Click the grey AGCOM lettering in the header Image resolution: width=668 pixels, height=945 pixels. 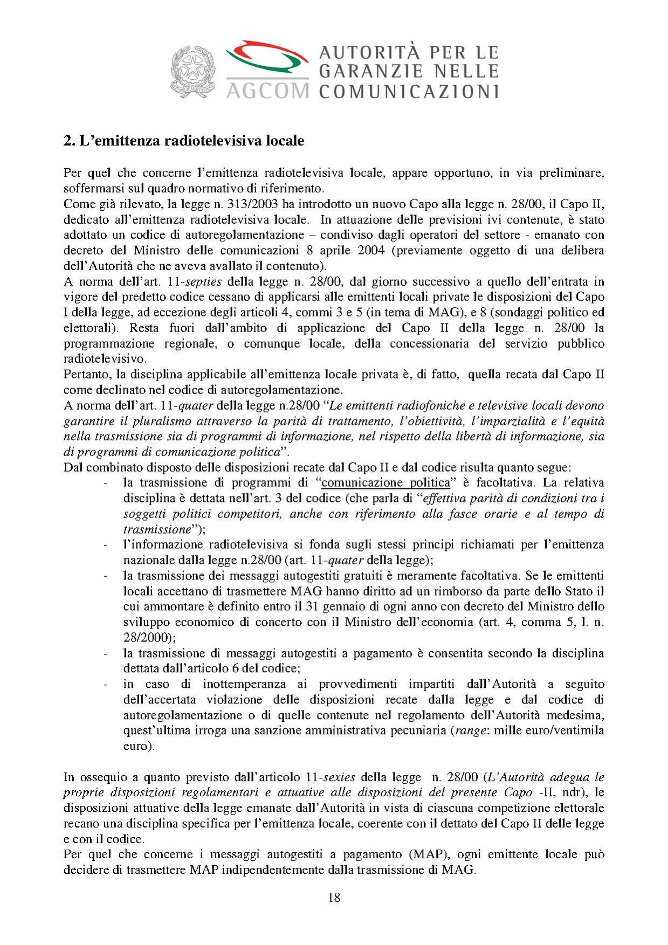(x=267, y=90)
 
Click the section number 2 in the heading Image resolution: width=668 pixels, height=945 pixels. (x=67, y=141)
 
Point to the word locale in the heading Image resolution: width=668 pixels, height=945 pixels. (x=285, y=141)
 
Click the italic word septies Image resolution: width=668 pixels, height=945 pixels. (x=203, y=282)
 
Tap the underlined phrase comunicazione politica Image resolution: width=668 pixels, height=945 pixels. (x=385, y=482)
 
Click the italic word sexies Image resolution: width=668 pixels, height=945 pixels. (x=338, y=777)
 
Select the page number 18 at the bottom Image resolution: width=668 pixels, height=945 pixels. (x=334, y=898)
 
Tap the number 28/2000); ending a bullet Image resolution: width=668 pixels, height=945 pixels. (x=149, y=638)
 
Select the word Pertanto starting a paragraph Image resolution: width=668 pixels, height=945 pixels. (x=85, y=375)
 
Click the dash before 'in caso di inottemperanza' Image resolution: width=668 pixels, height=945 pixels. (x=106, y=685)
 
